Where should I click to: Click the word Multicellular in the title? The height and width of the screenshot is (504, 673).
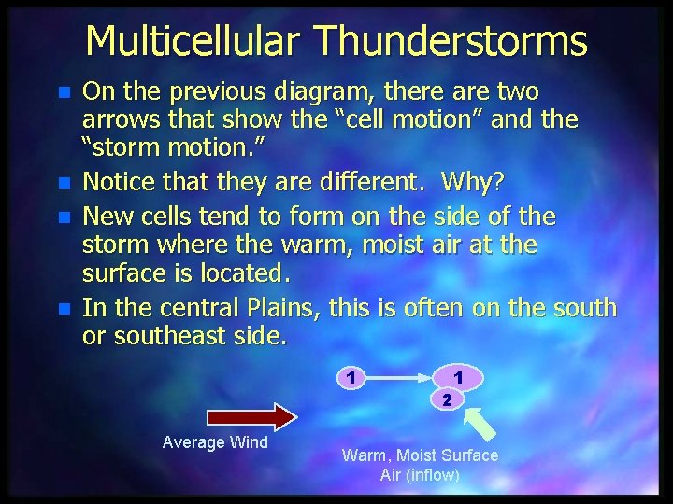(193, 41)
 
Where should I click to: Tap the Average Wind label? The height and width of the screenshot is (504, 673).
(215, 442)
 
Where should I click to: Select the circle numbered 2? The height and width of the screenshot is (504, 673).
(447, 399)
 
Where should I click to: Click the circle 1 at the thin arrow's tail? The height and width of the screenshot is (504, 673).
(349, 378)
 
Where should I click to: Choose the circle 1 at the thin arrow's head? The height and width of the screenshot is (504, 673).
(458, 376)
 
